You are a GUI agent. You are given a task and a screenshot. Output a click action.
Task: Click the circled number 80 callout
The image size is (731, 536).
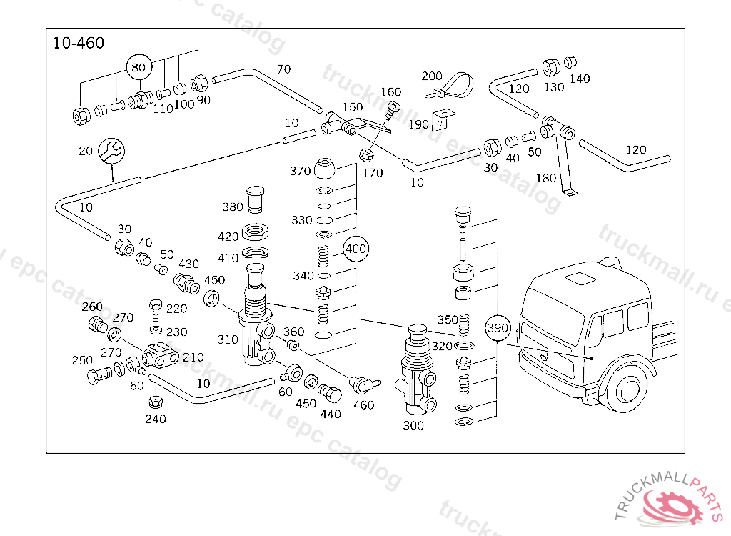pos(139,68)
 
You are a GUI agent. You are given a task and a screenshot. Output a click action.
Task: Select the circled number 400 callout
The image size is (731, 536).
pos(356,249)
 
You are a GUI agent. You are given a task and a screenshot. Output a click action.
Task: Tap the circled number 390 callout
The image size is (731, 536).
pos(498,328)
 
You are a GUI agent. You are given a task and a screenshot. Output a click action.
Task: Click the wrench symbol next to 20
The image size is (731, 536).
pos(111,150)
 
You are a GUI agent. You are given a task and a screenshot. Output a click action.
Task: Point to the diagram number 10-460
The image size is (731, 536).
pos(79,44)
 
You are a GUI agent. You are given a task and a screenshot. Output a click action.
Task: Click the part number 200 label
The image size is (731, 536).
pos(432,76)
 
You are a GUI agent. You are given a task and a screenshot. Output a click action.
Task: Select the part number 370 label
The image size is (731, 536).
pos(301,171)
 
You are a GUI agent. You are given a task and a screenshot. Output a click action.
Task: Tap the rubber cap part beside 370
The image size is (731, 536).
pos(327,168)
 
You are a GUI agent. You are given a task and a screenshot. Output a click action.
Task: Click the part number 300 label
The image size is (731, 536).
pos(413,425)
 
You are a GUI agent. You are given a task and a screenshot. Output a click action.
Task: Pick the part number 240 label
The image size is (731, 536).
pos(155,419)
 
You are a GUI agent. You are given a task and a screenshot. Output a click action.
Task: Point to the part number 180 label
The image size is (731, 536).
pos(546,178)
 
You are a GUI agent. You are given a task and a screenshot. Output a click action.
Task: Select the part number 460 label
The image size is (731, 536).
pos(363,405)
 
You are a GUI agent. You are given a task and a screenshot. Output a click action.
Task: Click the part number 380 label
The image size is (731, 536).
pos(233,207)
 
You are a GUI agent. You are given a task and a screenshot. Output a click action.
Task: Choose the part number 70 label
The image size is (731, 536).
pos(283,69)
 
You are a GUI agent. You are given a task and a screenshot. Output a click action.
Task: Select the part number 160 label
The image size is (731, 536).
pos(391,92)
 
